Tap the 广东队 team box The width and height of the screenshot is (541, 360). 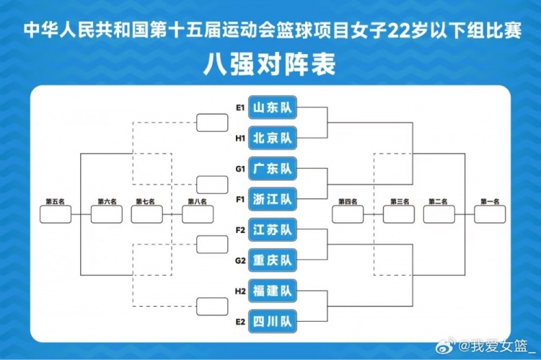(273, 169)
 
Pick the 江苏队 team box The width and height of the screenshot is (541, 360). (273, 230)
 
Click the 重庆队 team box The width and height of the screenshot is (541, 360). (273, 260)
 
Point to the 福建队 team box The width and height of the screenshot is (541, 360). (273, 291)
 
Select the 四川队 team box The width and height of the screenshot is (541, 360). (273, 321)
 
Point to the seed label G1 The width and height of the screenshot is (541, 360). (239, 169)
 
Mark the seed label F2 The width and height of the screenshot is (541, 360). (239, 230)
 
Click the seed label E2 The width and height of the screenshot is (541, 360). (239, 321)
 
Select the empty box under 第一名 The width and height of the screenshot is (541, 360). (490, 214)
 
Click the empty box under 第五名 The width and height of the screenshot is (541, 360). (56, 214)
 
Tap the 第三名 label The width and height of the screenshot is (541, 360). (399, 202)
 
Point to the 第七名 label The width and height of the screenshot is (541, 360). (146, 202)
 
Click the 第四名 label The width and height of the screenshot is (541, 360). (348, 202)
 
